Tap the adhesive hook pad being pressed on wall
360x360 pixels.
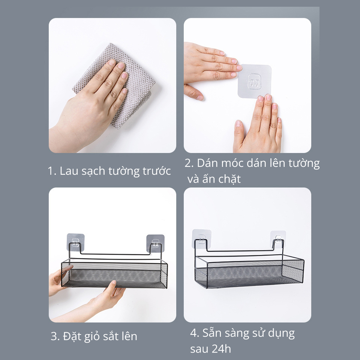pyautogui.click(x=254, y=81)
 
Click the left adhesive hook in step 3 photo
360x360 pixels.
pyautogui.click(x=75, y=243)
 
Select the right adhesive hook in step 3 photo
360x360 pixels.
pyautogui.click(x=155, y=243)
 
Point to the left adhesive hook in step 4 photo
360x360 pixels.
pyautogui.click(x=202, y=239)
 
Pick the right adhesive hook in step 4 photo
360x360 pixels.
pyautogui.click(x=278, y=240)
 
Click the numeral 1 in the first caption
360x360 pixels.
pyautogui.click(x=51, y=171)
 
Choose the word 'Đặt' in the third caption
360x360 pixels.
pyautogui.click(x=71, y=336)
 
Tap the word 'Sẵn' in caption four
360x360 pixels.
pyautogui.click(x=211, y=333)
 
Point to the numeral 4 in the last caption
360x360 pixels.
pyautogui.click(x=194, y=333)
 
